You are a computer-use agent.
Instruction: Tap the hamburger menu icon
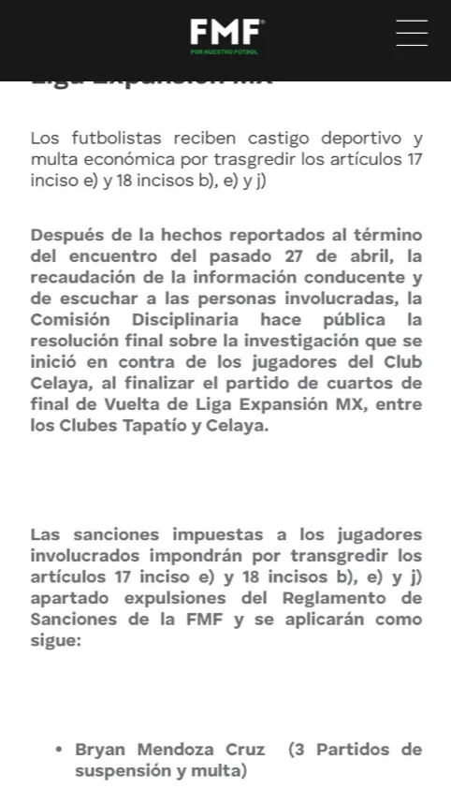[412, 33]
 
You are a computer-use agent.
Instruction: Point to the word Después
[65, 234]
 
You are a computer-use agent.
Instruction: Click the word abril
[339, 255]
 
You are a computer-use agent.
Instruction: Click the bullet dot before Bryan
[58, 750]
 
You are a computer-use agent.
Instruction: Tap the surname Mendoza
[179, 750]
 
